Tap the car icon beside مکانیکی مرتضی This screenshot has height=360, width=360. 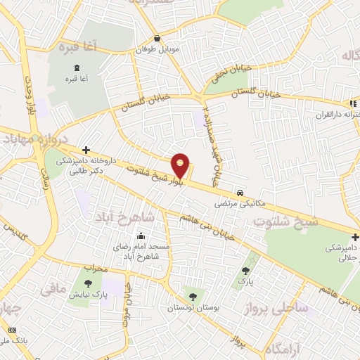[240, 192]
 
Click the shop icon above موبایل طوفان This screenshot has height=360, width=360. [157, 39]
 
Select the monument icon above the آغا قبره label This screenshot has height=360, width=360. [75, 67]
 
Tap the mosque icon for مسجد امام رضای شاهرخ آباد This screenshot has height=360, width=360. [142, 236]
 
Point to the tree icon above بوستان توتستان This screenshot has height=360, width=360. [193, 295]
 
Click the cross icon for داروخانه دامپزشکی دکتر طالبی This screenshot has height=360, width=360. [86, 150]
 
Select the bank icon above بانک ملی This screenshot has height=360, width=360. [13, 329]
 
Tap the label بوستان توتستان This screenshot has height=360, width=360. [192, 307]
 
